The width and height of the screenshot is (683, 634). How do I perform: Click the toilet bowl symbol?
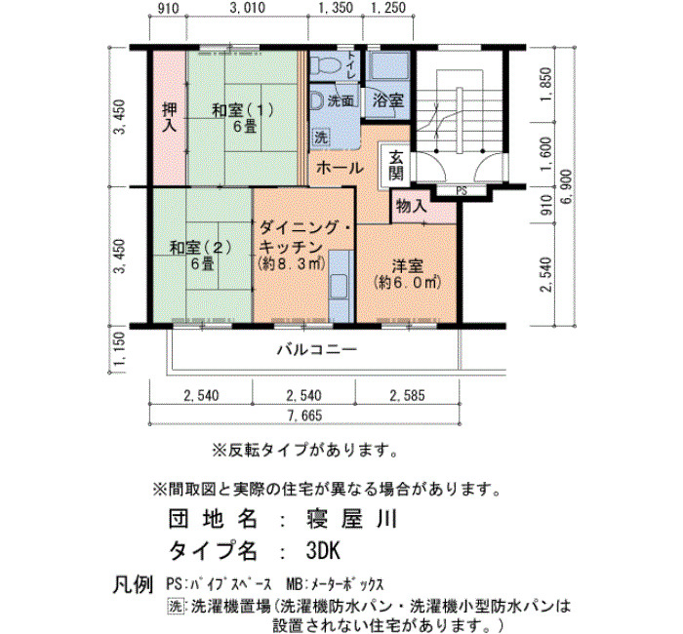tap(325, 65)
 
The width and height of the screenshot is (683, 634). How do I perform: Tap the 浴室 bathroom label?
tap(388, 101)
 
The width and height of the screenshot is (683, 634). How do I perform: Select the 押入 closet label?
tap(170, 117)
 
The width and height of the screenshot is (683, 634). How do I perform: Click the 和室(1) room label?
tap(243, 110)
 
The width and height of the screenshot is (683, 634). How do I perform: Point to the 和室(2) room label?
tap(200, 248)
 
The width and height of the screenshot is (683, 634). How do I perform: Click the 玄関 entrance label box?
tap(395, 166)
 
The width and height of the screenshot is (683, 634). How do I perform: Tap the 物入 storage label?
tap(411, 206)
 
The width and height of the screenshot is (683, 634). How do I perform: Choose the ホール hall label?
tap(340, 168)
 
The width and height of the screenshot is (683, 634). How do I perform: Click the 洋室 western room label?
tap(407, 265)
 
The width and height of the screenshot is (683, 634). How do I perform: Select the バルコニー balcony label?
tap(317, 349)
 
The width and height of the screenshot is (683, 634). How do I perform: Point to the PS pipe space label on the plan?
tap(462, 191)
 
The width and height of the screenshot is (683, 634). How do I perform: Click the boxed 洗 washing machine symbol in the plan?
tap(321, 138)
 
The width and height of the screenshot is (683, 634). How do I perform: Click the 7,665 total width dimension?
tap(304, 416)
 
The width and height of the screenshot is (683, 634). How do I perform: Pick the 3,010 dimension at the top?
tap(247, 8)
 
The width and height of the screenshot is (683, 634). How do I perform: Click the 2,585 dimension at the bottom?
tap(407, 395)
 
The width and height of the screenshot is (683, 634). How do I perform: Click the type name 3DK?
tap(323, 551)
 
